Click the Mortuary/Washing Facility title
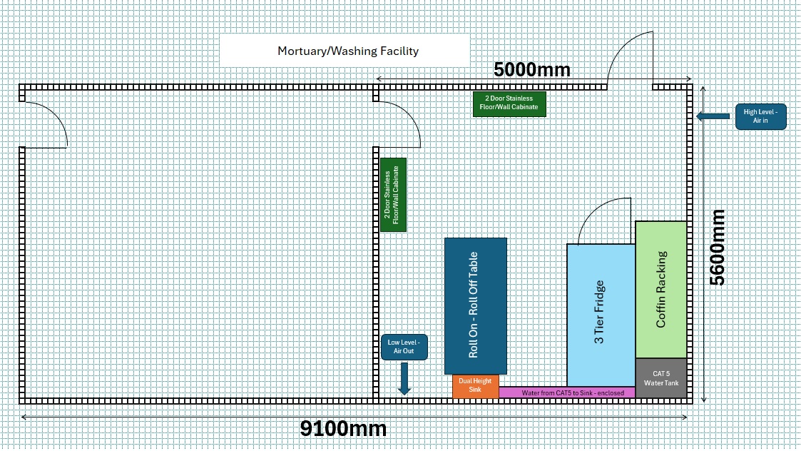click(x=347, y=51)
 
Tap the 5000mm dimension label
click(x=531, y=69)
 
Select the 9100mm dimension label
click(x=343, y=429)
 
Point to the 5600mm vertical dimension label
click(x=718, y=247)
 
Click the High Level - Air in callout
click(x=760, y=116)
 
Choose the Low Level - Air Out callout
click(x=404, y=347)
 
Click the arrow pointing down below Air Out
click(x=404, y=378)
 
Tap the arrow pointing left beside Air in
click(x=713, y=116)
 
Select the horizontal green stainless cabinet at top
click(x=509, y=103)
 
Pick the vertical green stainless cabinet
click(x=393, y=194)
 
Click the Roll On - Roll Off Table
click(x=475, y=305)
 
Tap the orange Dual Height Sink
click(x=475, y=386)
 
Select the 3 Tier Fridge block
click(x=600, y=314)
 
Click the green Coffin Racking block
click(x=661, y=288)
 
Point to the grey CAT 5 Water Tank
click(x=661, y=378)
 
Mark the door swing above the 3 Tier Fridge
click(x=603, y=221)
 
